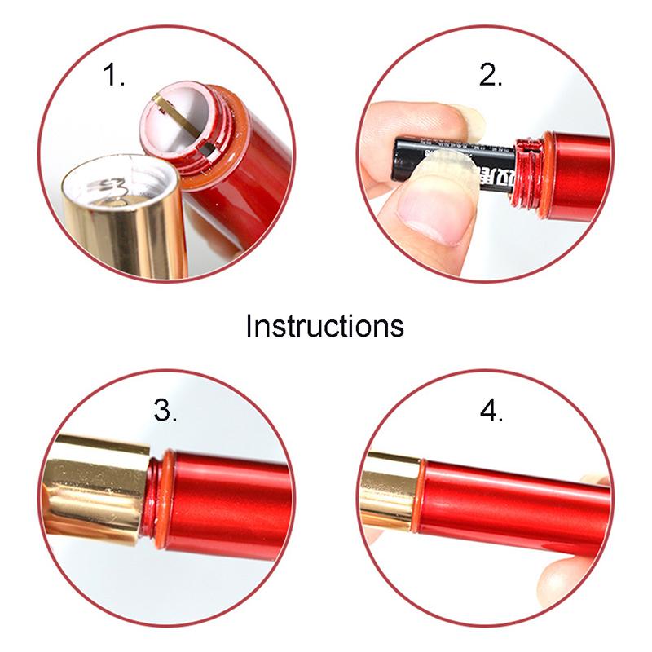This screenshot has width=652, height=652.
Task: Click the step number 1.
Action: [113, 75]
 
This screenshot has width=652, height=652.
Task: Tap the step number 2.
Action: [490, 75]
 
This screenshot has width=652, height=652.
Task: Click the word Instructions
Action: [324, 325]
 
